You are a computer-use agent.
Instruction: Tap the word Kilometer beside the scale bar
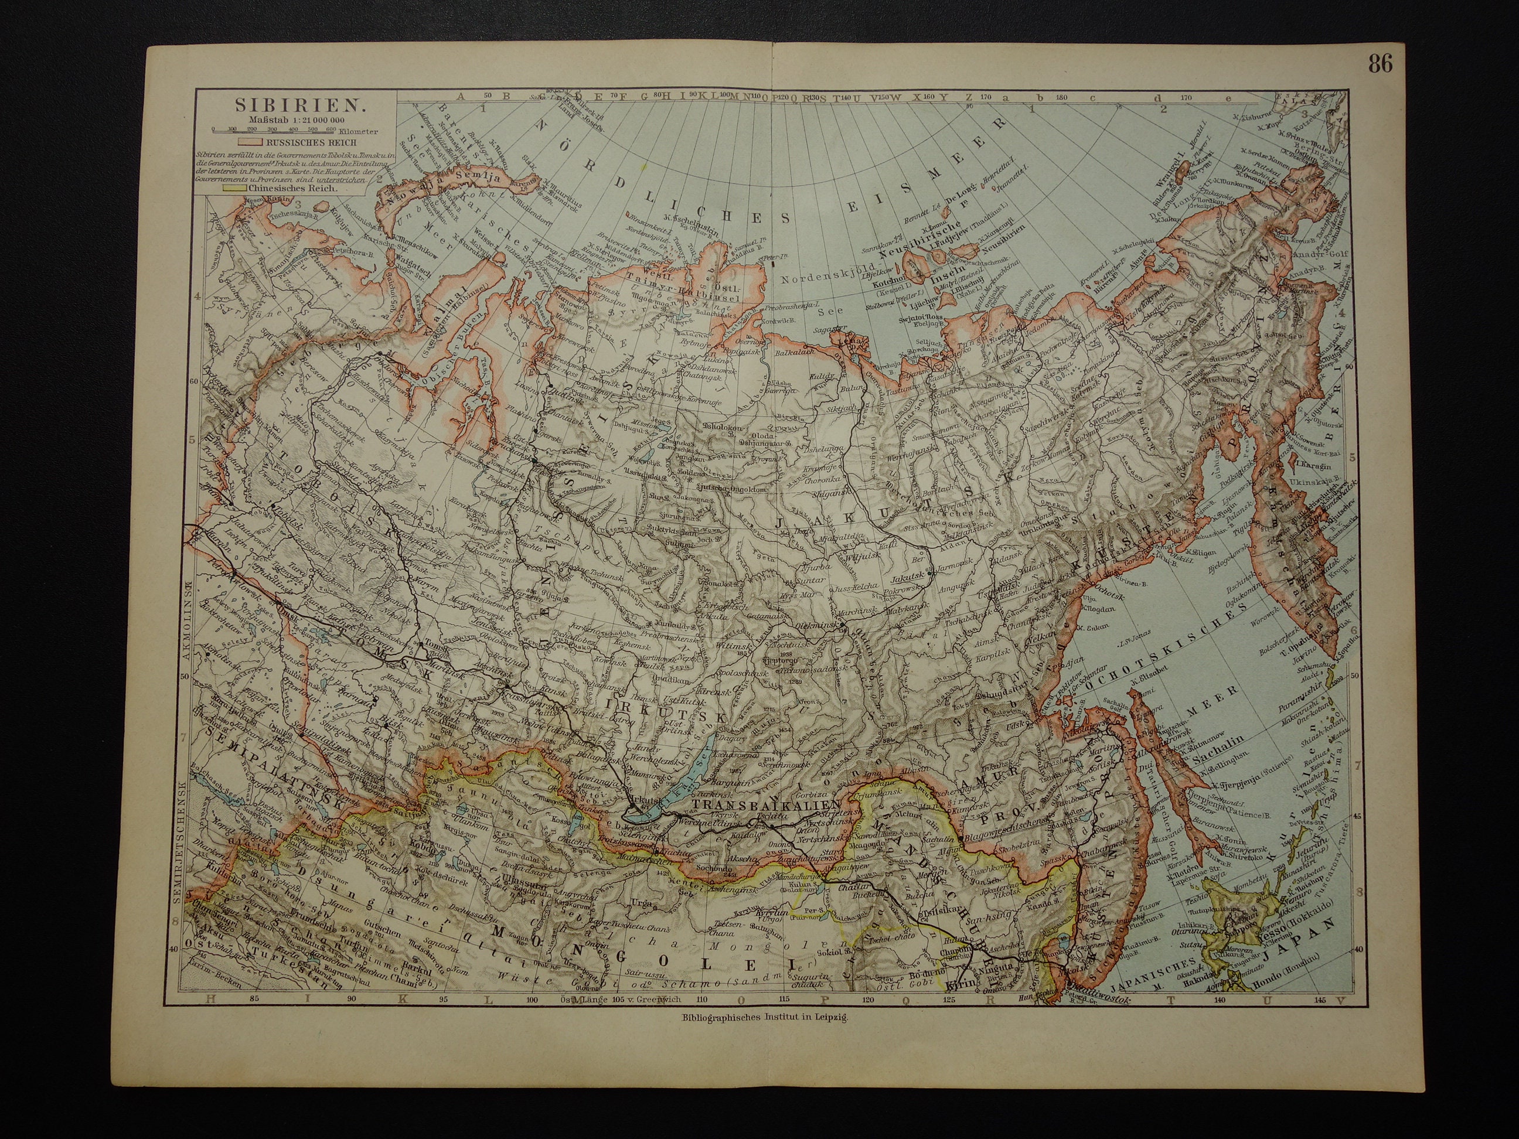(356, 131)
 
